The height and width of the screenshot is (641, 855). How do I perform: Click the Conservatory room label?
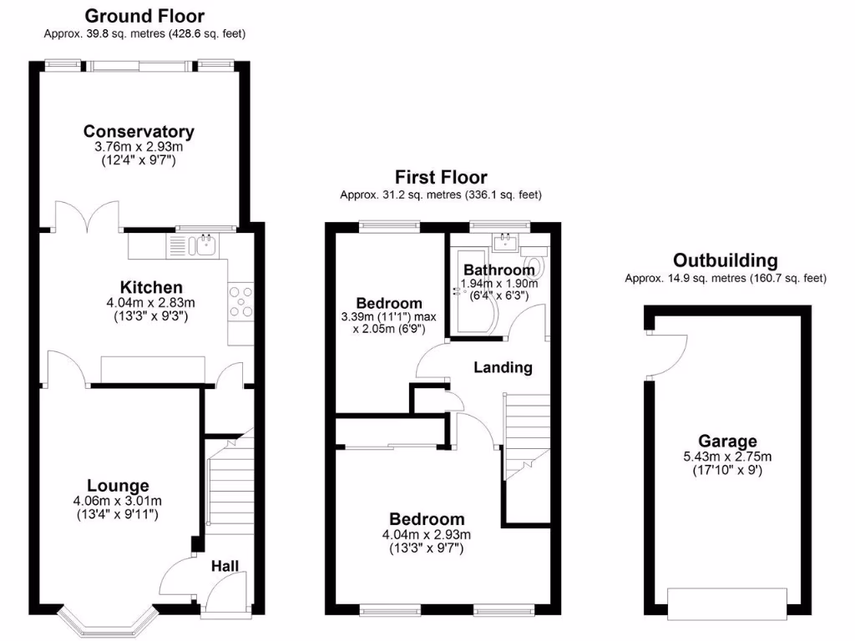[x=139, y=131]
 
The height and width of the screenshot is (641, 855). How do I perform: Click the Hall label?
[x=225, y=566]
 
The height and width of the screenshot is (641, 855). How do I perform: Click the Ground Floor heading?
[x=144, y=16]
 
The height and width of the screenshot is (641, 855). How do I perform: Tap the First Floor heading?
[x=441, y=177]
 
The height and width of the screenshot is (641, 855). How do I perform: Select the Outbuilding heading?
[x=726, y=260]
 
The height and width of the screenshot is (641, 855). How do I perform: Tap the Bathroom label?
[x=498, y=270]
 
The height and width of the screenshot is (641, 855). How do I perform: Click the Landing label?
[x=503, y=367]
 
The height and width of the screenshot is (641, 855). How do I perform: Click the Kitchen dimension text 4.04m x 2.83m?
[x=151, y=303]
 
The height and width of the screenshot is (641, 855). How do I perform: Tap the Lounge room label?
[x=118, y=486]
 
